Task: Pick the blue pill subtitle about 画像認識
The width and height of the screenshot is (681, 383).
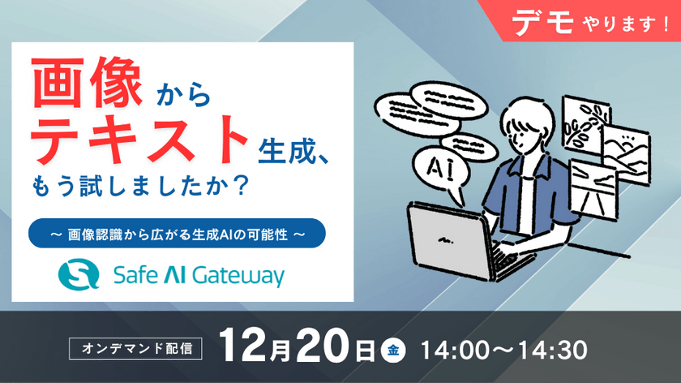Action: [176, 233]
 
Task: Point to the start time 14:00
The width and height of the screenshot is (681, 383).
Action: [456, 351]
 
